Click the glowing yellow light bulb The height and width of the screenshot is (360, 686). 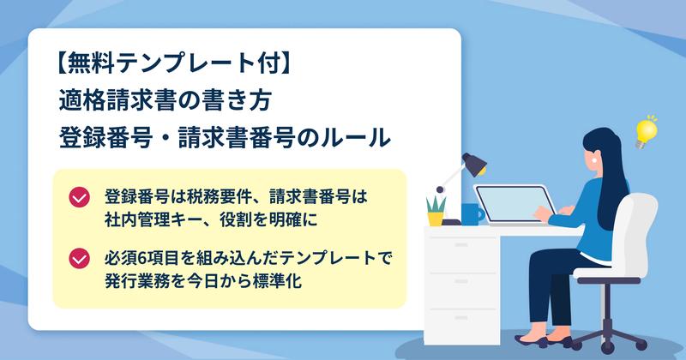[646, 132]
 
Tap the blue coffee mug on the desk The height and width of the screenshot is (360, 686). [472, 214]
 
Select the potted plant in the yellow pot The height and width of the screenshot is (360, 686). [436, 211]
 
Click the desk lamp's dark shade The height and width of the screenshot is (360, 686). [475, 163]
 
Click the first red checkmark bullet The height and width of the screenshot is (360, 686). [79, 197]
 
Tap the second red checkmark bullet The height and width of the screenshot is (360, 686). [79, 259]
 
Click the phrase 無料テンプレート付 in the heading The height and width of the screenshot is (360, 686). [174, 64]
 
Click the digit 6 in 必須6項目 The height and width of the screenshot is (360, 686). [142, 259]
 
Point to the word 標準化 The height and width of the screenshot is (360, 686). [277, 280]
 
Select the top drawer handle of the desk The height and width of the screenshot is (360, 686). [461, 244]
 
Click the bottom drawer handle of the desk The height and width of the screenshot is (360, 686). [461, 317]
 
